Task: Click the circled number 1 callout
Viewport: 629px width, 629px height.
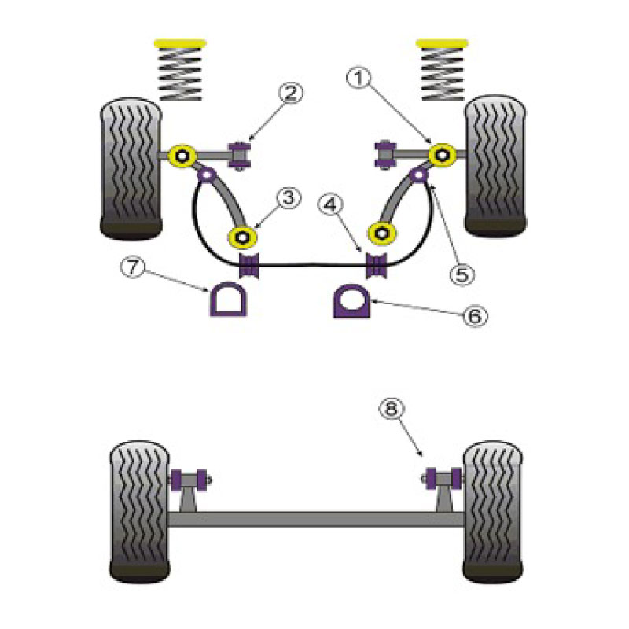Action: point(359,78)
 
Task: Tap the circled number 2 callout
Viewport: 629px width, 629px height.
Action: point(291,93)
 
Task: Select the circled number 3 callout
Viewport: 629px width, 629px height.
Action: point(289,198)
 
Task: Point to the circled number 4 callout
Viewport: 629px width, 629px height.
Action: point(330,205)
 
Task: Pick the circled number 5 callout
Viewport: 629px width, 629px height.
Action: point(462,274)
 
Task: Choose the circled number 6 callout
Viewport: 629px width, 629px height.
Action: point(475,316)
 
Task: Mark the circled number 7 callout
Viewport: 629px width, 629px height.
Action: point(133,267)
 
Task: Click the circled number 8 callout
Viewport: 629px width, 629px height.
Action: point(391,409)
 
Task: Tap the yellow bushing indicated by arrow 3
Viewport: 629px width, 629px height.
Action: point(242,237)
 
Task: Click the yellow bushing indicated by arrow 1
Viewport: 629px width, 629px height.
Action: point(442,155)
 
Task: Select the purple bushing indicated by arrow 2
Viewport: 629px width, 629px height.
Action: point(240,155)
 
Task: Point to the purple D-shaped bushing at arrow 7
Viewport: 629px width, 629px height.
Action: point(228,299)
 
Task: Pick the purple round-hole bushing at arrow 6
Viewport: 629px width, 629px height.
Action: point(351,301)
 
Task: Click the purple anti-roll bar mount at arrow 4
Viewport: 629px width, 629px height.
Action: point(377,265)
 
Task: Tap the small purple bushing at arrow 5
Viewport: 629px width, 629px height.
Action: point(419,175)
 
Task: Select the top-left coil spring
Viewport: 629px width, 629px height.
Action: point(180,73)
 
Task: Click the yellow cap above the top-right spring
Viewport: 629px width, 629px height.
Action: point(442,43)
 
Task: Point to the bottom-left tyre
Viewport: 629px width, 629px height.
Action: point(139,512)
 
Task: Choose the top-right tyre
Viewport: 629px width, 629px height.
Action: point(495,165)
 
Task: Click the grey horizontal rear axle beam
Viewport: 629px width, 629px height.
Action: point(316,519)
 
